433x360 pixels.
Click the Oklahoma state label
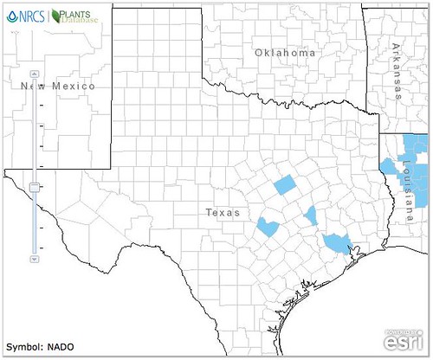(285, 54)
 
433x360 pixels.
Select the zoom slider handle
(34, 186)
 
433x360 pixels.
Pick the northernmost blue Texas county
(284, 185)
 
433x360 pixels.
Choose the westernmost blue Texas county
(268, 228)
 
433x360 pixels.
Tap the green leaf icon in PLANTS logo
(57, 16)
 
